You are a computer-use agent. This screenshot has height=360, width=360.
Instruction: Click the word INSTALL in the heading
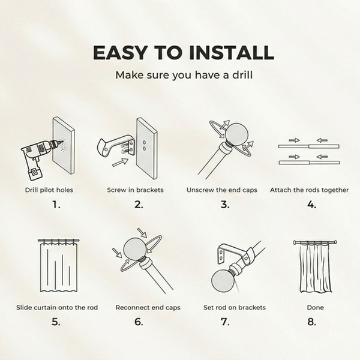point(232,53)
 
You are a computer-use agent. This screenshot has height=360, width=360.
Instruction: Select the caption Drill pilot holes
point(49,190)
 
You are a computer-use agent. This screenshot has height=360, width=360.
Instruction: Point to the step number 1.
point(56,205)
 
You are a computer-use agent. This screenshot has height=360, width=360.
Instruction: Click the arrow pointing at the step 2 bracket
point(121,162)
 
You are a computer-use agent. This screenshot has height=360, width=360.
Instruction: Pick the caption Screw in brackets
point(135,190)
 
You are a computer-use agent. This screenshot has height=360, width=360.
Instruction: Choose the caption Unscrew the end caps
point(222,190)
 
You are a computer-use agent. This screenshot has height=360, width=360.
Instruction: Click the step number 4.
point(312,205)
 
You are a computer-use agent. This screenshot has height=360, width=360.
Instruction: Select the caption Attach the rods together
point(309,190)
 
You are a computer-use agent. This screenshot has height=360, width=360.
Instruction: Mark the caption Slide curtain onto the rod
point(57,308)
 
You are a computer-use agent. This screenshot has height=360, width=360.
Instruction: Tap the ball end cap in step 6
point(135,250)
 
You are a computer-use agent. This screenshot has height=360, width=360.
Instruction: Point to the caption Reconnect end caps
point(148,308)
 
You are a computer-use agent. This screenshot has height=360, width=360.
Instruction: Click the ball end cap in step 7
point(223,281)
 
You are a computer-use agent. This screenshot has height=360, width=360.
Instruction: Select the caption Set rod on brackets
point(235,308)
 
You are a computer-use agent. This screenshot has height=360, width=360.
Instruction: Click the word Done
point(315,308)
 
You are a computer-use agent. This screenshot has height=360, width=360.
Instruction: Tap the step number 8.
point(312,322)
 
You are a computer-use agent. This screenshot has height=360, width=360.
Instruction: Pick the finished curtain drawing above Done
point(315,266)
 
